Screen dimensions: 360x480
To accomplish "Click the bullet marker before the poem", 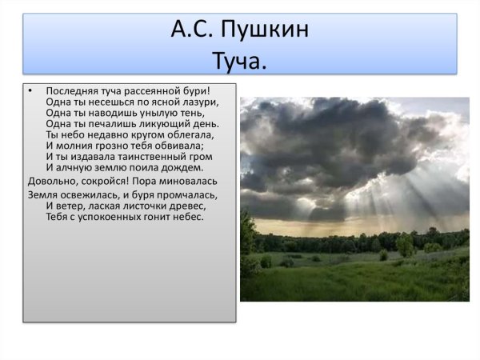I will click(x=30, y=91).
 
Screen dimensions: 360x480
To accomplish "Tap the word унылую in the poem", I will click(x=166, y=114).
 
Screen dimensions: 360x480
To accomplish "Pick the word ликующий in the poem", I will click(x=167, y=124).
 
